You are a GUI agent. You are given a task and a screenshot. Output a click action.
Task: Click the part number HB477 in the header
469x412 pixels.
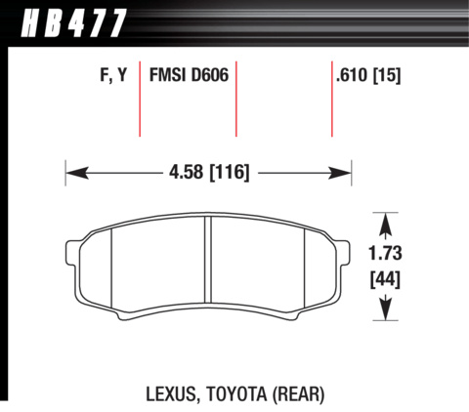pyautogui.click(x=73, y=22)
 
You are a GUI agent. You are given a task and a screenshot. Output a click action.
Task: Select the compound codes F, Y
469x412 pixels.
pyautogui.click(x=113, y=75)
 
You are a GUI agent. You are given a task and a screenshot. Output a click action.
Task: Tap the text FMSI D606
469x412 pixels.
pyautogui.click(x=189, y=75)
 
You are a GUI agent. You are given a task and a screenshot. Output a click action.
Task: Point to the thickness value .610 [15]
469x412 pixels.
pyautogui.click(x=368, y=75)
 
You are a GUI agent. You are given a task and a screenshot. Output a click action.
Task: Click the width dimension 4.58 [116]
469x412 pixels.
pyautogui.click(x=209, y=172)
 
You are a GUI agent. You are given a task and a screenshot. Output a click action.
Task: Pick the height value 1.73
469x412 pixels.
pyautogui.click(x=385, y=253)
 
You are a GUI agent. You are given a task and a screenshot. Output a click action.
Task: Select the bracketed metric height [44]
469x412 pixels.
pyautogui.click(x=385, y=279)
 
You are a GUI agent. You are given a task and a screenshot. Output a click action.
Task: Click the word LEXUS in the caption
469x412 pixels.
pyautogui.click(x=171, y=394)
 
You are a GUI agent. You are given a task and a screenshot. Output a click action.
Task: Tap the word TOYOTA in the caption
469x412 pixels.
pyautogui.click(x=236, y=394)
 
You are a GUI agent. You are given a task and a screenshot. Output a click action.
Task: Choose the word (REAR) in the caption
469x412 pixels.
pyautogui.click(x=299, y=394)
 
